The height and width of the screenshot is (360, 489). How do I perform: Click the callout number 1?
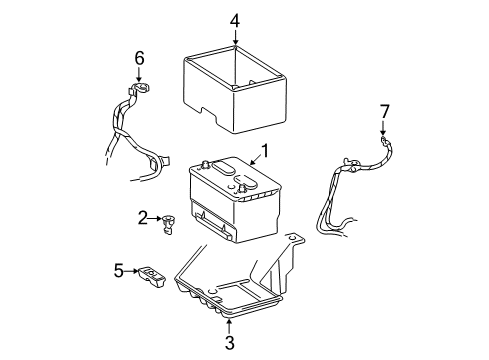(x=265, y=152)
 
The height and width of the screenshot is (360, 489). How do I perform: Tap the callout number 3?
(x=230, y=342)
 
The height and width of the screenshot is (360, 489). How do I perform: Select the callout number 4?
(x=235, y=19)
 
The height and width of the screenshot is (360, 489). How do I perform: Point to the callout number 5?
(x=118, y=269)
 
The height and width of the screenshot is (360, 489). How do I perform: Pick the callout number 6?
(x=139, y=59)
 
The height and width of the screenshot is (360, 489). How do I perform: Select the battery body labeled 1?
(x=235, y=205)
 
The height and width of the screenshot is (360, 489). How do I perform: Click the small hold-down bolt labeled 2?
(x=169, y=225)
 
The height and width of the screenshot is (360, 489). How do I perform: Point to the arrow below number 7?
(x=382, y=127)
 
